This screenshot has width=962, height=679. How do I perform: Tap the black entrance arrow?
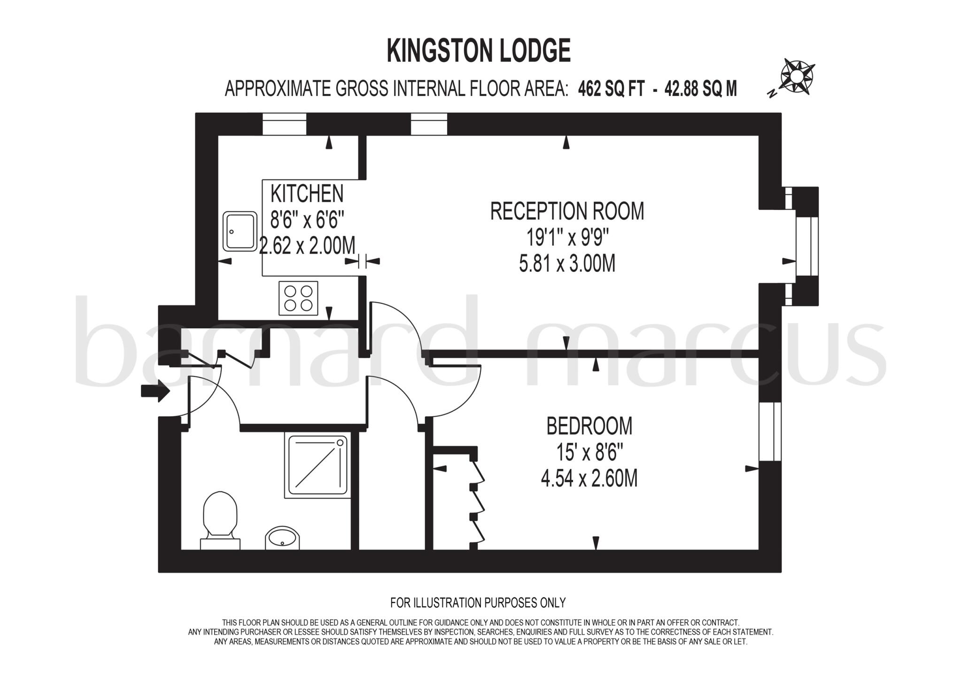coord(155,391)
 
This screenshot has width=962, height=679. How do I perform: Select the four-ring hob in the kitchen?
coord(298,298)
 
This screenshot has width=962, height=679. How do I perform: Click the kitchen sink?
coord(240,231)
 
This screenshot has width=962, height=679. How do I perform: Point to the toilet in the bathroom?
coord(220,519)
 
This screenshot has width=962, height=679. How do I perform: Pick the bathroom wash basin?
coord(282,537)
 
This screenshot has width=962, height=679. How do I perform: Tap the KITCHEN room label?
coord(307,193)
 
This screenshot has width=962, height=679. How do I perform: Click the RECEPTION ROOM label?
coord(567,211)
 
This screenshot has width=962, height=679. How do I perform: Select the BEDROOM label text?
coord(589,426)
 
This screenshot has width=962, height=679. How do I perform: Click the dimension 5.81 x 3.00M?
coord(567,264)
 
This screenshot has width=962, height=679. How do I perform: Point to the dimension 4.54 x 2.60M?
coord(589,479)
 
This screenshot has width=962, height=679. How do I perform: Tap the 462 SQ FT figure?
coord(611,88)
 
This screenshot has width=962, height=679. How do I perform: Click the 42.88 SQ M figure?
coord(700,88)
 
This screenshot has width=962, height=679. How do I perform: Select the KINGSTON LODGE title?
coord(478,51)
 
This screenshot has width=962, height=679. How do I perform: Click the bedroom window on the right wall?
coord(770,431)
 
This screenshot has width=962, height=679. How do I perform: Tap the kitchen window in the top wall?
coord(284,124)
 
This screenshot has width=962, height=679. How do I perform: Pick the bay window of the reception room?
coord(807,245)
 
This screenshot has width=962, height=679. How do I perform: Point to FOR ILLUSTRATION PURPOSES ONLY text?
coord(478,602)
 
